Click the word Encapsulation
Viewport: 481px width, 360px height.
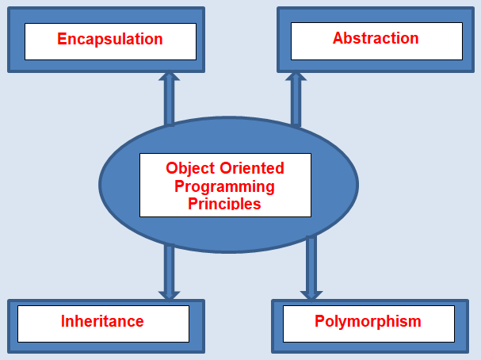pyautogui.click(x=110, y=40)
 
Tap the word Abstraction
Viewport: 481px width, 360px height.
pyautogui.click(x=376, y=38)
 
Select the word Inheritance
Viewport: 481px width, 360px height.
pyautogui.click(x=102, y=321)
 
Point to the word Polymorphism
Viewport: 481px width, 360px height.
pyautogui.click(x=368, y=322)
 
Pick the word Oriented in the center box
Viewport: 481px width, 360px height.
pyautogui.click(x=252, y=168)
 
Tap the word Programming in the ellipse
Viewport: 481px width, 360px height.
pyautogui.click(x=224, y=187)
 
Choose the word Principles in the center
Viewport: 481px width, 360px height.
pyautogui.click(x=224, y=204)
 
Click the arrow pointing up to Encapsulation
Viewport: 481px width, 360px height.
pyautogui.click(x=169, y=98)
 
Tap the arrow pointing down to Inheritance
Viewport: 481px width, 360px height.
pyautogui.click(x=169, y=272)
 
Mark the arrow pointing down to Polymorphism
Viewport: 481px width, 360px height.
pyautogui.click(x=311, y=268)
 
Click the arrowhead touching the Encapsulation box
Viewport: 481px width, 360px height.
pyautogui.click(x=169, y=76)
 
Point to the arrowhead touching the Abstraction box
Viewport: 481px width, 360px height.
pyautogui.click(x=296, y=76)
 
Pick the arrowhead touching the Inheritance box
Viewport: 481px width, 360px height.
pyautogui.click(x=169, y=296)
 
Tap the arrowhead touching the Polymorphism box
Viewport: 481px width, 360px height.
pyautogui.click(x=311, y=296)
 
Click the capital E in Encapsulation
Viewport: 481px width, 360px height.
pyautogui.click(x=62, y=39)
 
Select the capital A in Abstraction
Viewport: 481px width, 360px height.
pyautogui.click(x=338, y=38)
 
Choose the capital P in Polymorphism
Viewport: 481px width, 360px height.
pyautogui.click(x=320, y=321)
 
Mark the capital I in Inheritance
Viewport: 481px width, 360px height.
pyautogui.click(x=63, y=321)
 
